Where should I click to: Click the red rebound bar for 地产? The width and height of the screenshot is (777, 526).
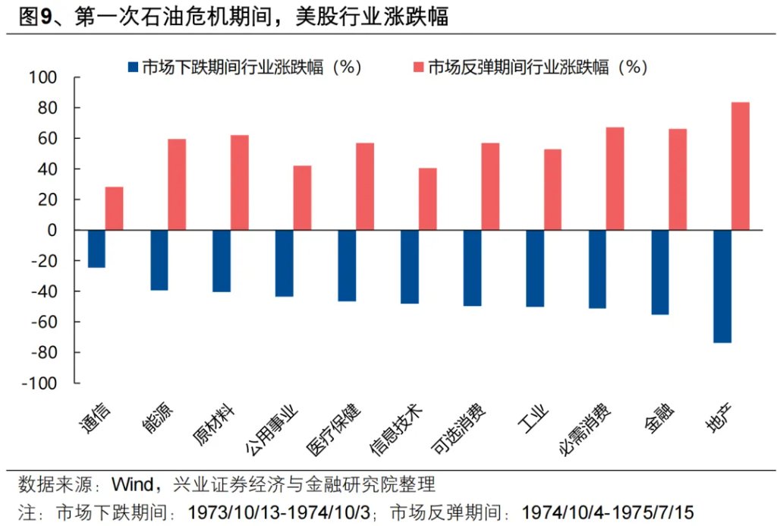click(741, 165)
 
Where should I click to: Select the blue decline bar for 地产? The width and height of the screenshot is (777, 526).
click(722, 286)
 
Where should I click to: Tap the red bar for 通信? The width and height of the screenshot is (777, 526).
click(114, 208)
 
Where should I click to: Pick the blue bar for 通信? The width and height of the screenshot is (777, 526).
click(96, 248)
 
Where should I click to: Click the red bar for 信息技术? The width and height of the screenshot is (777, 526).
click(427, 199)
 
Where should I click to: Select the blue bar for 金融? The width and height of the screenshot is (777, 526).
click(659, 272)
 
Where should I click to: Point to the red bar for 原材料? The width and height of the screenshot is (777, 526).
click(239, 182)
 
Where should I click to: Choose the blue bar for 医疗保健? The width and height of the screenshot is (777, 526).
click(347, 266)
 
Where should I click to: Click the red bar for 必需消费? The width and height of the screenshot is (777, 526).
click(615, 178)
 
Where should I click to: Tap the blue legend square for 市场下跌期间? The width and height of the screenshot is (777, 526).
click(134, 67)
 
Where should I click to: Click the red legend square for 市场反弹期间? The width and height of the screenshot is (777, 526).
click(416, 67)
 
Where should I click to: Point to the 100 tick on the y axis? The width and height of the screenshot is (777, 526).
click(43, 77)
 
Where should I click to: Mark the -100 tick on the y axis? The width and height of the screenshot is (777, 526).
click(39, 383)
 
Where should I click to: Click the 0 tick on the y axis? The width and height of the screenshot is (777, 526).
click(53, 230)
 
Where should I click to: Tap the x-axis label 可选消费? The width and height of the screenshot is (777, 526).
click(459, 429)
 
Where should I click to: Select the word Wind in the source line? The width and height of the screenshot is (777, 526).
click(134, 484)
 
